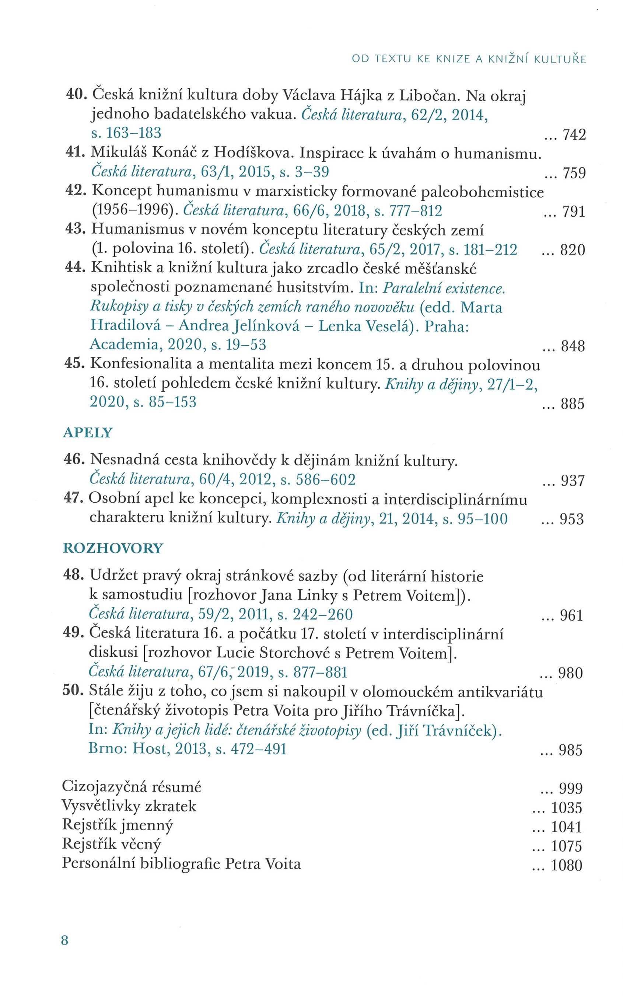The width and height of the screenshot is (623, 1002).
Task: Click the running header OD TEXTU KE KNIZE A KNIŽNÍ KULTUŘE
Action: (469, 59)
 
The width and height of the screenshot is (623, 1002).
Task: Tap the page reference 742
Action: (574, 135)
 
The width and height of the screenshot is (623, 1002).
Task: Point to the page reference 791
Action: (574, 212)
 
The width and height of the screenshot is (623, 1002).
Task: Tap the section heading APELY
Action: (88, 433)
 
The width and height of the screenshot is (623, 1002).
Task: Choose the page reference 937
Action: (573, 481)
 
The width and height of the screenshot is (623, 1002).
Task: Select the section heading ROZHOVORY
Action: (113, 548)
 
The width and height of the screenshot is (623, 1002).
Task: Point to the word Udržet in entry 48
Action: (114, 576)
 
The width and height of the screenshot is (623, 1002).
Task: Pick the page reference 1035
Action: (567, 807)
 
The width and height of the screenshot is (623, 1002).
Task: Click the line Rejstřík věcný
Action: (111, 844)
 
